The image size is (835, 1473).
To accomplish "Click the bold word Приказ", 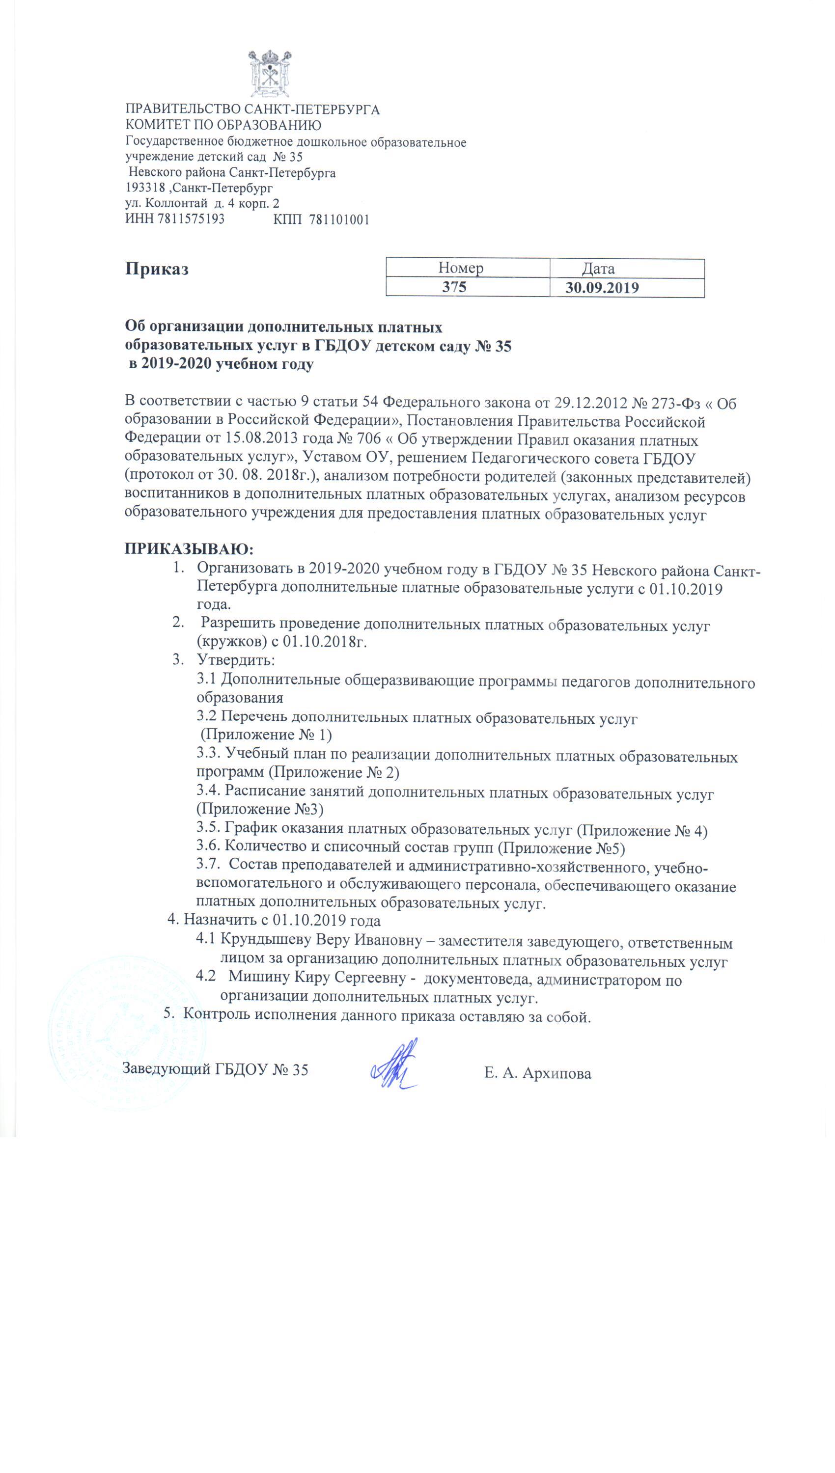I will tap(157, 270).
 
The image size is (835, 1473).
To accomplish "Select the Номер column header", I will tap(461, 268).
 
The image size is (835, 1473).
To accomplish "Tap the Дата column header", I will tap(598, 268).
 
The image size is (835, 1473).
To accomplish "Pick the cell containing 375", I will tap(454, 287).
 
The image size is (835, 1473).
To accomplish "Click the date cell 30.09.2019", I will tap(602, 288).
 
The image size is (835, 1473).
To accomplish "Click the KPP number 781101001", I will tap(339, 219).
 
